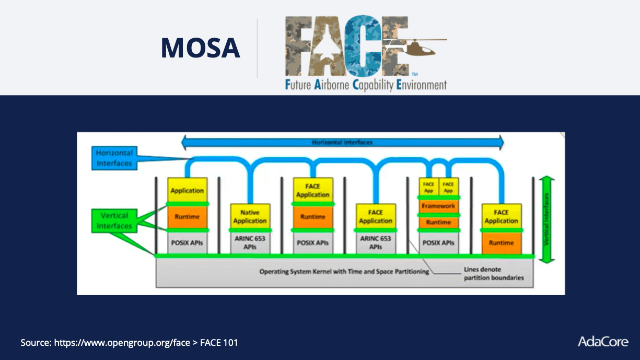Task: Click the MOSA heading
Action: [200, 48]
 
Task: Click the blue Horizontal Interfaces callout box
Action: [114, 158]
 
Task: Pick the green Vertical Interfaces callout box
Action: [114, 220]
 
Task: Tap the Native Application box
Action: [250, 216]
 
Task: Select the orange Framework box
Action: [438, 206]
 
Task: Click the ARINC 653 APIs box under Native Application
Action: [250, 242]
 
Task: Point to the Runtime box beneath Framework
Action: [438, 223]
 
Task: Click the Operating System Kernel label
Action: [344, 272]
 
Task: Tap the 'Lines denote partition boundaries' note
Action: [493, 274]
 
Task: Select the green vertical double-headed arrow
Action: [546, 219]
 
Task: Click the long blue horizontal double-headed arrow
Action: [342, 142]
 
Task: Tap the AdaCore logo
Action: [602, 342]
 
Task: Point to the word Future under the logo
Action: [298, 85]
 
